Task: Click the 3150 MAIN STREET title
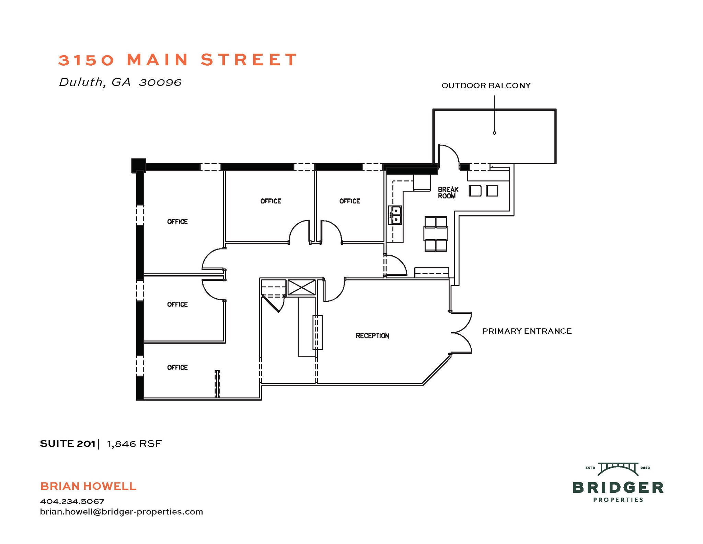tap(178, 60)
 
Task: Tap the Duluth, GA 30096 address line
tap(120, 82)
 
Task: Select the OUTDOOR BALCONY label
tap(486, 86)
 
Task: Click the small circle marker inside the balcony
tap(494, 133)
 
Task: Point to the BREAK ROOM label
tap(448, 193)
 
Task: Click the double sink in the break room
tap(395, 215)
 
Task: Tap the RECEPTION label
tap(372, 336)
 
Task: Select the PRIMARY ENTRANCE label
tap(527, 331)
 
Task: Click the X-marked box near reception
tap(301, 287)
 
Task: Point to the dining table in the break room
tap(436, 234)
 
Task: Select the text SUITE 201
tap(68, 444)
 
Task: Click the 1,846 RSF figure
tap(134, 444)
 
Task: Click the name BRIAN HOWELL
tap(88, 486)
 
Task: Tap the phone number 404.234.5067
tap(72, 501)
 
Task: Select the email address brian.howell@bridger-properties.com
tap(122, 512)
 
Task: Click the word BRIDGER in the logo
tap(618, 488)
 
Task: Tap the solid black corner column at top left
tap(139, 165)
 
